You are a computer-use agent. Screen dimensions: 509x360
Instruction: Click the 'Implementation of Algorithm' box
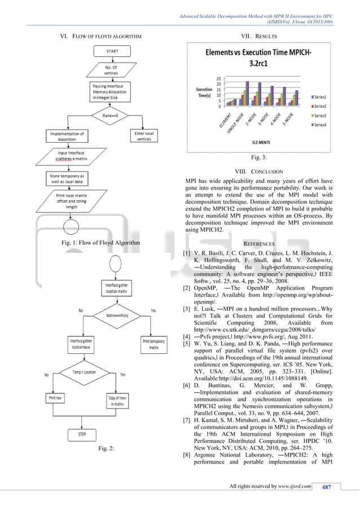pos(67,136)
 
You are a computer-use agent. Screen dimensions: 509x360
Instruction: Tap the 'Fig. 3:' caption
pos(259,157)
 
